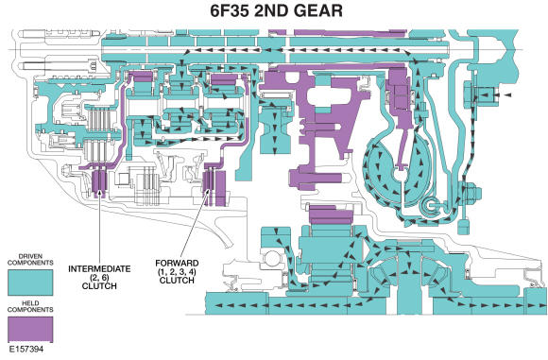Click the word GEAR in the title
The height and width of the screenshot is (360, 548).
pyautogui.click(x=342, y=13)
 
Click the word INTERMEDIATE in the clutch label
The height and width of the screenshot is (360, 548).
pyautogui.click(x=99, y=267)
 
